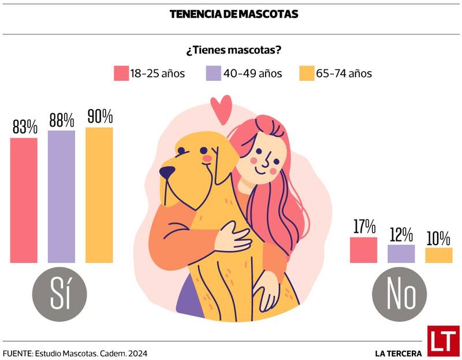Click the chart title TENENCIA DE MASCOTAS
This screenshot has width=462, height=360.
pos(234,14)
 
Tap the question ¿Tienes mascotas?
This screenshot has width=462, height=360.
pos(233,50)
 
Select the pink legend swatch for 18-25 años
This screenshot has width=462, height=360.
pos(121,73)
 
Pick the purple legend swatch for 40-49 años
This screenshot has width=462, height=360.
pos(213,73)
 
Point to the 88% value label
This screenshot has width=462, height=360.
pos(61,120)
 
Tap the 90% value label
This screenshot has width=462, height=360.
pos(99,116)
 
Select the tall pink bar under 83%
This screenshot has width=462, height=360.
pos(24,200)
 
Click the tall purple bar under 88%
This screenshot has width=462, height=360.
pos(61,196)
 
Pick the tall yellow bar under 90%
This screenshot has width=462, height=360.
pos(99,195)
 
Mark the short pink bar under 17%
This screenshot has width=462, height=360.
pos(363,250)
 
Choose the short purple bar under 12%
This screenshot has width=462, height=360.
pos(401,254)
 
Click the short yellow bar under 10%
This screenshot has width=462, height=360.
pos(439,255)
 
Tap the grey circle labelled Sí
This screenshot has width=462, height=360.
pos(59,294)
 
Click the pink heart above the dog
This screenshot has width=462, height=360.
pos(221,108)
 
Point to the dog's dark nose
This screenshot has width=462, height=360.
pos(167,172)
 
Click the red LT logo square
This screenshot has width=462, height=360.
pos(443,341)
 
